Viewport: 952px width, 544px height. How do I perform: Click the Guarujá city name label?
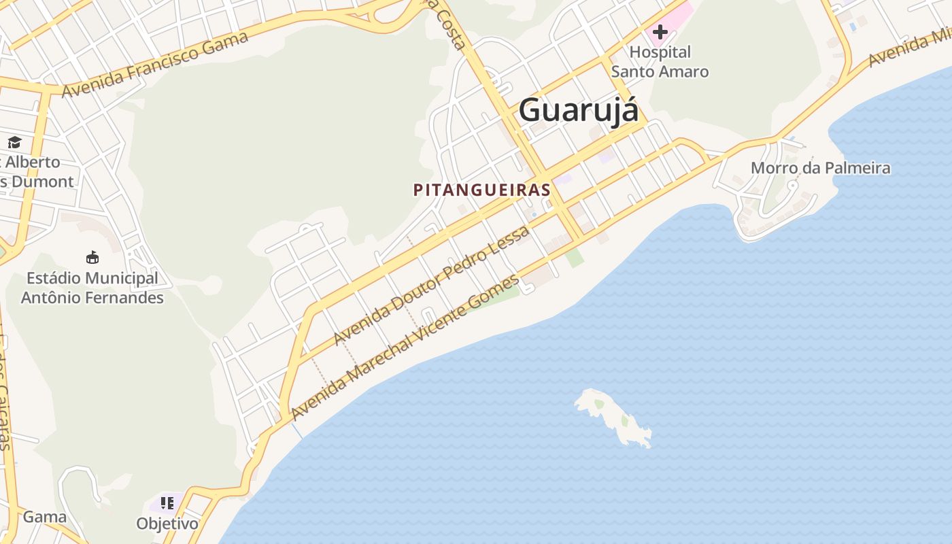(579, 110)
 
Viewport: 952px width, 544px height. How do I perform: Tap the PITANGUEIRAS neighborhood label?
(481, 190)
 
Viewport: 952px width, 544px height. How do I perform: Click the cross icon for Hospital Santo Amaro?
(660, 31)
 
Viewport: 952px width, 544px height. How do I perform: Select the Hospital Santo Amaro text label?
(660, 62)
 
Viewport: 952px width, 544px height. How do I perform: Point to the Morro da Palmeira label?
(820, 168)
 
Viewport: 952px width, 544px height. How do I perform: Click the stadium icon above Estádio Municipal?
(92, 258)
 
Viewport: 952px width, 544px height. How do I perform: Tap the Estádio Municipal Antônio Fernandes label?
(92, 288)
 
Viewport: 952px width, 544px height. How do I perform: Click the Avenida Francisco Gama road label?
(154, 65)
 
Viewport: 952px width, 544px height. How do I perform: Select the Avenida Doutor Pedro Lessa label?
(431, 285)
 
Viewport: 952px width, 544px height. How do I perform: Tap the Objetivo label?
(167, 524)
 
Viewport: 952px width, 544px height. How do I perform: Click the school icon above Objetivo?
(167, 504)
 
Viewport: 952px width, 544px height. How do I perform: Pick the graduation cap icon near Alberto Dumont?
(14, 142)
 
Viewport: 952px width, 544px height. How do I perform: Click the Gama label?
(45, 517)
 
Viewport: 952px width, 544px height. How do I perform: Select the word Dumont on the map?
(42, 182)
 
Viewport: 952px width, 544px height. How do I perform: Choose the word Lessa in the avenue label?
(511, 243)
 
